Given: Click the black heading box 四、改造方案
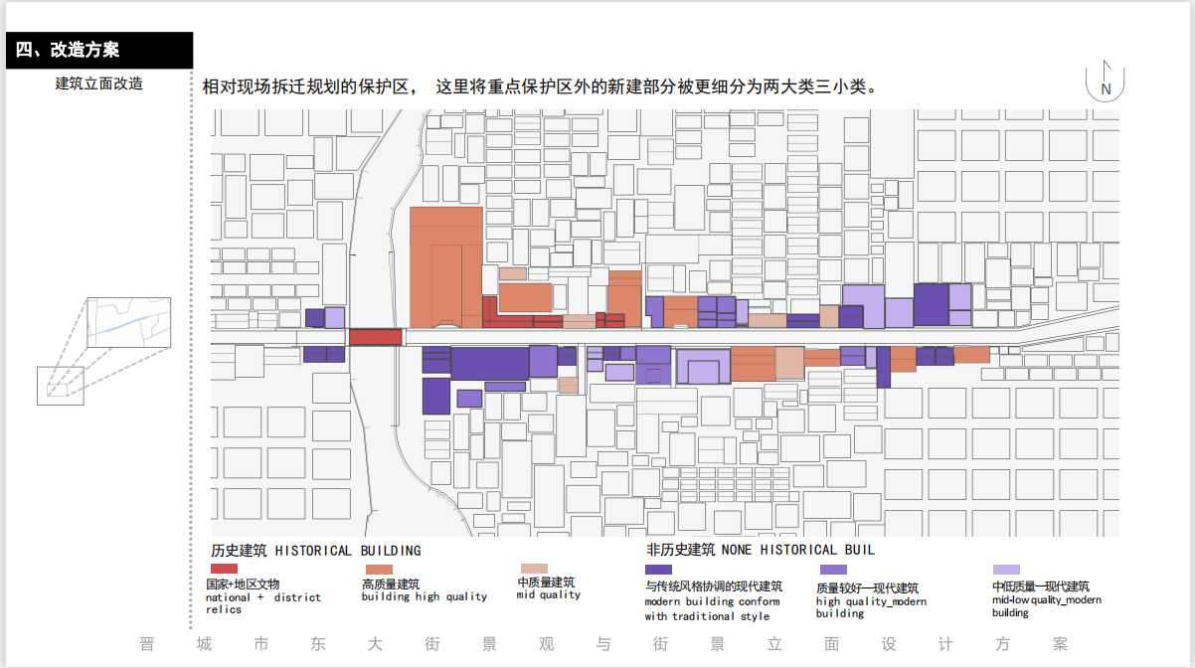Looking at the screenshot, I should (99, 50).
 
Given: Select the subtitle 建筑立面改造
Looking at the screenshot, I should (98, 83).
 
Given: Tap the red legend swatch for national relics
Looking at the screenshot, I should (225, 568).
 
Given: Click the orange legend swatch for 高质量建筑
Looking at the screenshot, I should (379, 569).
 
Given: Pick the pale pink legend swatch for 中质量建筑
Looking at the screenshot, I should (534, 568).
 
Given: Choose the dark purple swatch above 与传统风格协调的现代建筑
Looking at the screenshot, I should (658, 569).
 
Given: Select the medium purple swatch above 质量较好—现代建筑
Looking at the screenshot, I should (833, 570).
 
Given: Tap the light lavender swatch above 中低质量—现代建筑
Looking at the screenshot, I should (1006, 570).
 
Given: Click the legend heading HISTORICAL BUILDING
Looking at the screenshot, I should (316, 551).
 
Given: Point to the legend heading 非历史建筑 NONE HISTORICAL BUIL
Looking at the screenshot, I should (761, 550).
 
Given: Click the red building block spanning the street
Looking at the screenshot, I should (376, 337).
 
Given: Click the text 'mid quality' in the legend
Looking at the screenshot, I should (548, 595).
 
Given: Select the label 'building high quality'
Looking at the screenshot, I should (424, 597).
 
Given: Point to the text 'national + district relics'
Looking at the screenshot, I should (262, 603).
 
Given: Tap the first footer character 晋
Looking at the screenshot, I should (147, 644).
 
